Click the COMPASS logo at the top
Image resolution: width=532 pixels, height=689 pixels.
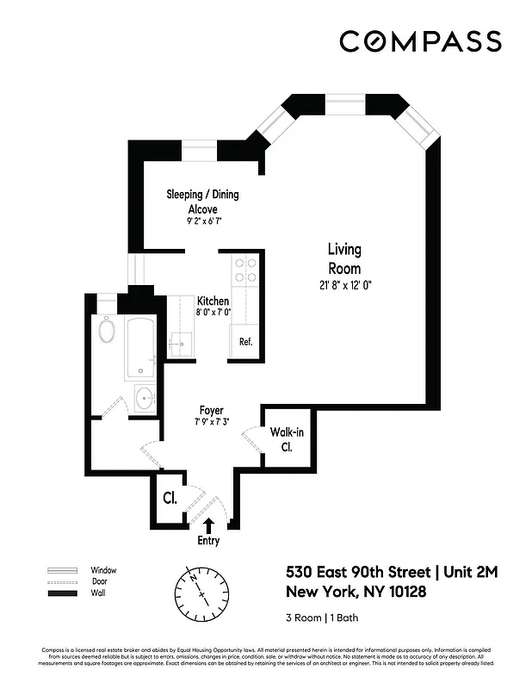pyautogui.click(x=420, y=41)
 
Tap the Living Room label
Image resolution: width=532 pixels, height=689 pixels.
pyautogui.click(x=344, y=258)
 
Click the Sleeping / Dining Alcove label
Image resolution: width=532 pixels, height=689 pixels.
pyautogui.click(x=202, y=202)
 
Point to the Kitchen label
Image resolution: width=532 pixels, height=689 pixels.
pyautogui.click(x=213, y=301)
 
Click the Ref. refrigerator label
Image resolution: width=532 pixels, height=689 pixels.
pyautogui.click(x=245, y=342)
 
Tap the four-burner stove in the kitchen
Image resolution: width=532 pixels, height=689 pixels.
pyautogui.click(x=245, y=270)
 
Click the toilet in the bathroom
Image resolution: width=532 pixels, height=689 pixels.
pyautogui.click(x=108, y=330)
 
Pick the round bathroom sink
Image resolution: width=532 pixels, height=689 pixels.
pyautogui.click(x=145, y=400)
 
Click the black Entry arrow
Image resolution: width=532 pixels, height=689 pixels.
pyautogui.click(x=208, y=525)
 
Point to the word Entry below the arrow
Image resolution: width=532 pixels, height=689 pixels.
pyautogui.click(x=208, y=541)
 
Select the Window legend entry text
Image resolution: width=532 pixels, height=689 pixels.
pyautogui.click(x=103, y=570)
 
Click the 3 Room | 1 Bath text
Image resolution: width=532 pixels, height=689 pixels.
pyautogui.click(x=318, y=618)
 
